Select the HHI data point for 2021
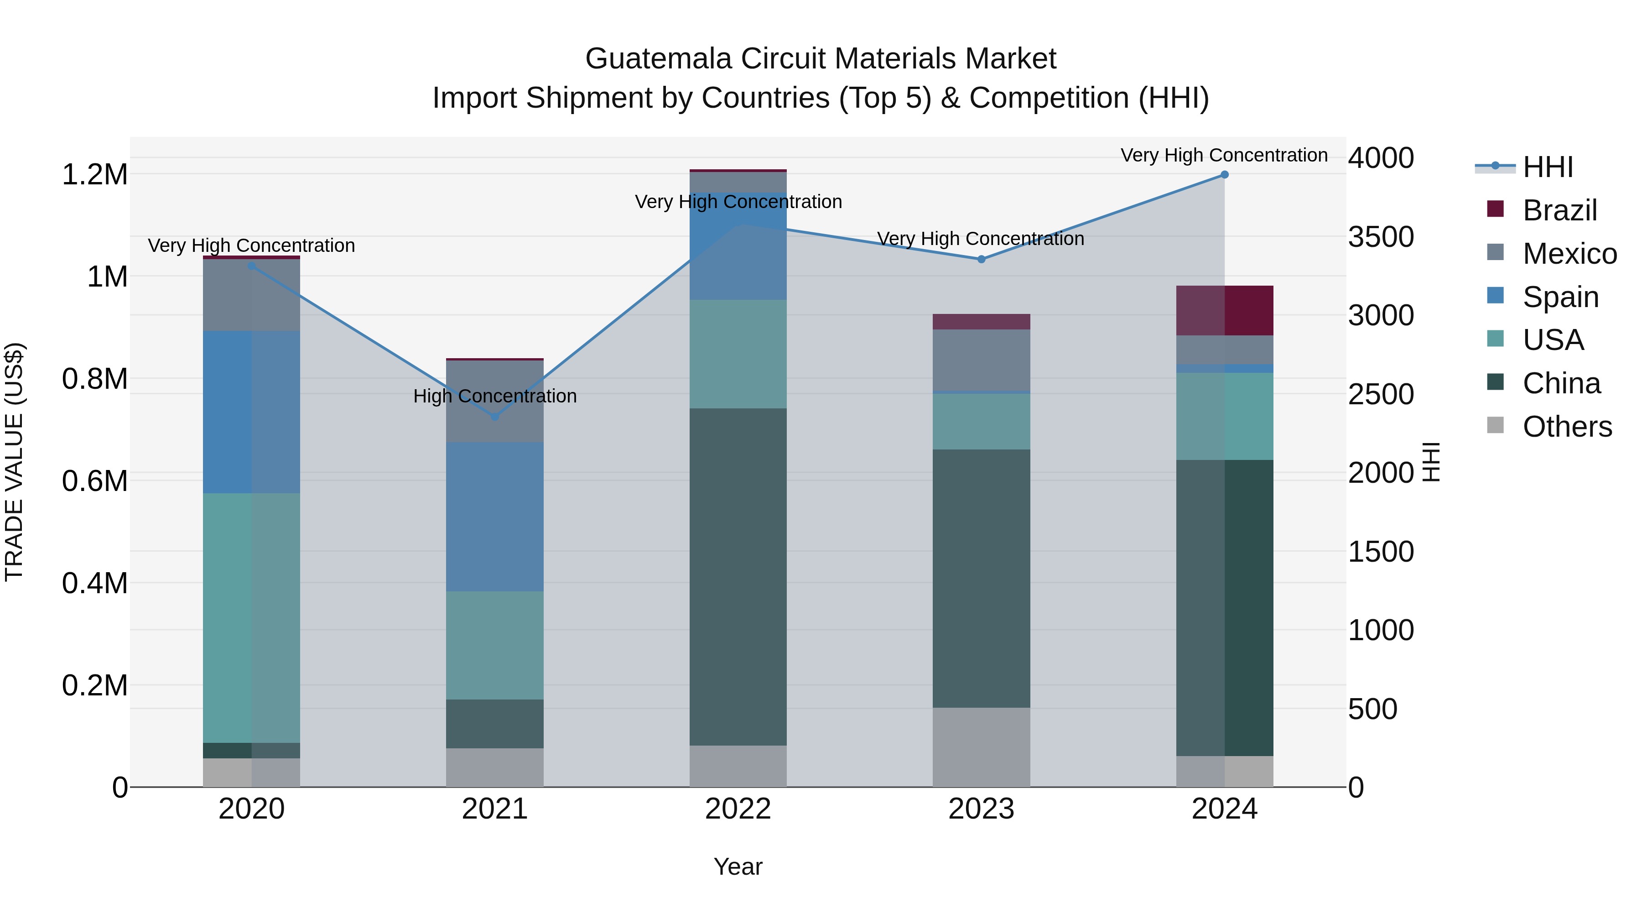pos(494,417)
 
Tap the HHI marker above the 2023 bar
pos(981,259)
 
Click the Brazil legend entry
pos(1559,210)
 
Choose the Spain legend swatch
pos(1495,296)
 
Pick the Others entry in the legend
pos(1567,427)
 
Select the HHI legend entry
pos(1548,167)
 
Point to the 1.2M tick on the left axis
pos(94,175)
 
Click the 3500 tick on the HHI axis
pos(1381,237)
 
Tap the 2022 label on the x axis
pos(738,809)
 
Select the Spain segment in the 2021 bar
pos(494,517)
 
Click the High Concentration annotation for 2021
pos(494,396)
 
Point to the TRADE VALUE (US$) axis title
pos(14,462)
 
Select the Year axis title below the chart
pos(738,867)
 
